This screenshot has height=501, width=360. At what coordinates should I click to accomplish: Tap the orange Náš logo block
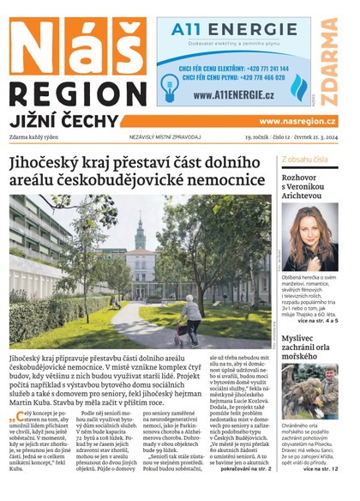(x=76, y=46)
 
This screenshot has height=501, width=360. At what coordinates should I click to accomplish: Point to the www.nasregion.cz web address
(x=297, y=122)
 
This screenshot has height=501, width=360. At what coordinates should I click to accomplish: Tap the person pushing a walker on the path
(x=189, y=318)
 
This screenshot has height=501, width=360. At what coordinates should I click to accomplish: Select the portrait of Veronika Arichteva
(x=309, y=237)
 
